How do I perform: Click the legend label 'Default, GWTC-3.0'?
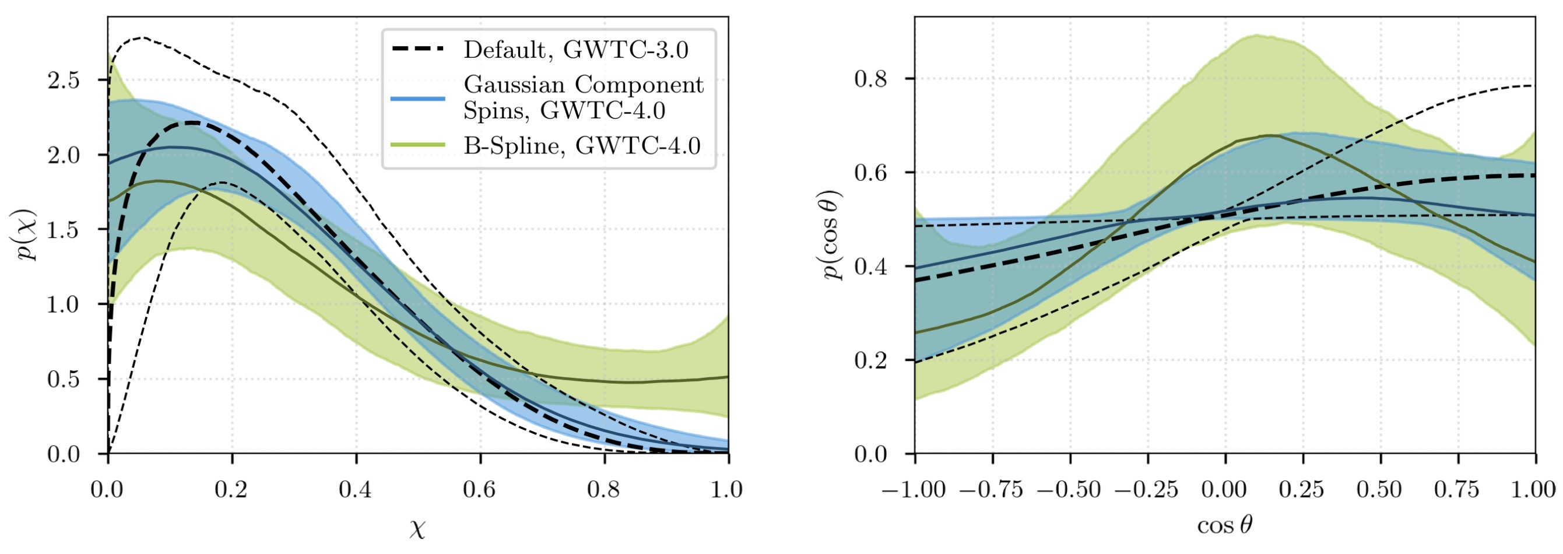point(576,50)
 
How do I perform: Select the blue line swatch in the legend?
point(418,99)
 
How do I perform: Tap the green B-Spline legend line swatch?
point(418,145)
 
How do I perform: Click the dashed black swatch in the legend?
point(418,48)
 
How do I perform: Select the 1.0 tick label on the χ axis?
point(727,489)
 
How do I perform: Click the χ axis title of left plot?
point(417,530)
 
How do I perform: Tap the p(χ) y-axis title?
point(27,236)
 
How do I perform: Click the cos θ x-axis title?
point(1224,525)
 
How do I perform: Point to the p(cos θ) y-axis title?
point(834,236)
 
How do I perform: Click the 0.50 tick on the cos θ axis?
point(1381,489)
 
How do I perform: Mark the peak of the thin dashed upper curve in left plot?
point(142,38)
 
